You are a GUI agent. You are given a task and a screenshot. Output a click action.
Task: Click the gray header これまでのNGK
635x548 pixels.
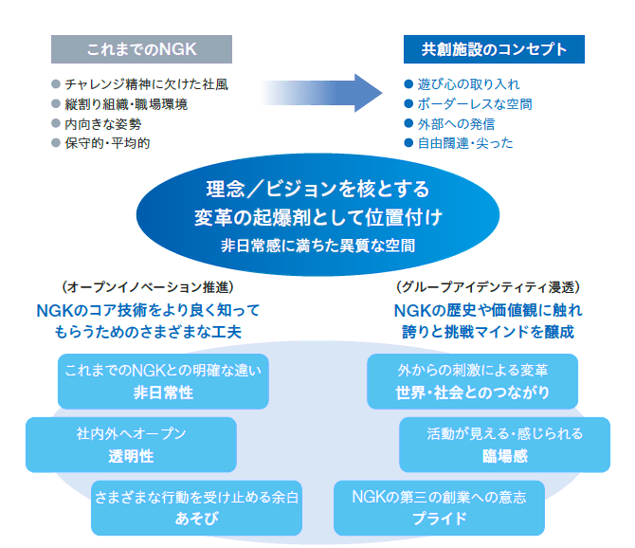(141, 48)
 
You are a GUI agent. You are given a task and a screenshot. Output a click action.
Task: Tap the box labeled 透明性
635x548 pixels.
(131, 445)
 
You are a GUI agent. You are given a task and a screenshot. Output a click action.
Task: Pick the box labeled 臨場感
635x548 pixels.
(503, 445)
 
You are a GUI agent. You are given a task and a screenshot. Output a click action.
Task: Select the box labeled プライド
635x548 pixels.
(439, 507)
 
